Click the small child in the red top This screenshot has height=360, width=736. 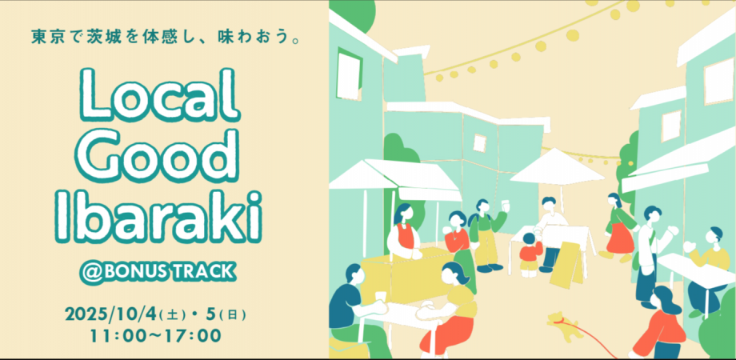click(529, 251)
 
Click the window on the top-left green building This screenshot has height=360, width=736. click(350, 65)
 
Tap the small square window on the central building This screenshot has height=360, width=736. click(479, 142)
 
